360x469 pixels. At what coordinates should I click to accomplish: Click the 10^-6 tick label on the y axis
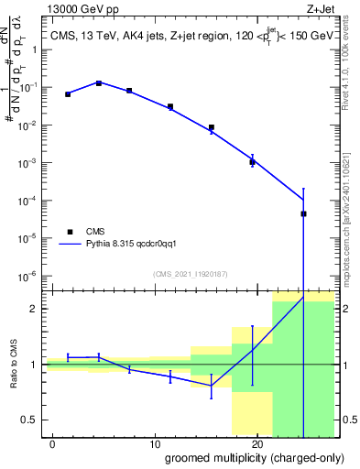click(29, 276)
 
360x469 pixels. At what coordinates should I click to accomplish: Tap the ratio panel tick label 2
click(35, 309)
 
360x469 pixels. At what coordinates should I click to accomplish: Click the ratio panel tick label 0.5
click(31, 420)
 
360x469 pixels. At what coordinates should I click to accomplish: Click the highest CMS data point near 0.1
click(99, 83)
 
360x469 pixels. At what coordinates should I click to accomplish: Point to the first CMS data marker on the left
click(68, 94)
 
